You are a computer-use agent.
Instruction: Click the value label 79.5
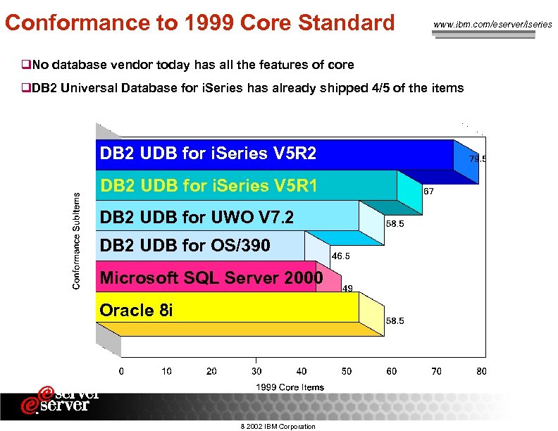478,159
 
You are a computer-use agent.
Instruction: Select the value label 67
427,191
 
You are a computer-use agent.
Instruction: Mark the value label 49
347,288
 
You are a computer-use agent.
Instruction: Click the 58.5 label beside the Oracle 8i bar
394,320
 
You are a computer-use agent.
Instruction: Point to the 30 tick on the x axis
256,371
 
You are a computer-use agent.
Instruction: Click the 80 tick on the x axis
481,371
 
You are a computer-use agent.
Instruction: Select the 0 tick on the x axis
121,371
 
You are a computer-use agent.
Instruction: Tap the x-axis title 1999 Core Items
290,387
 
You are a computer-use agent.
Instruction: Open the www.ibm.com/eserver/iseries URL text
492,25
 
